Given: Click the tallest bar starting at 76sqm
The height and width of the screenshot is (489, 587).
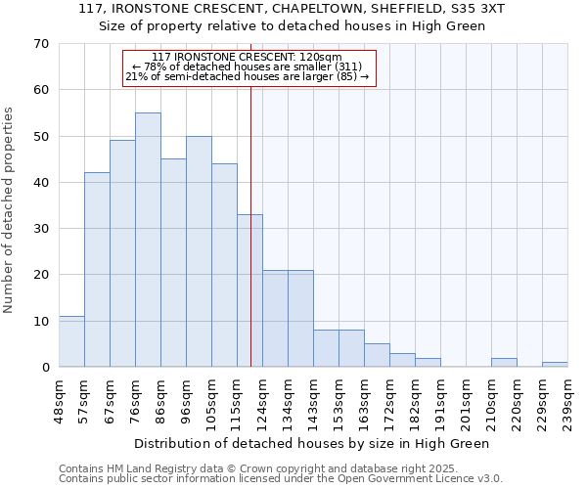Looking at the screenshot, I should pyautogui.click(x=148, y=240).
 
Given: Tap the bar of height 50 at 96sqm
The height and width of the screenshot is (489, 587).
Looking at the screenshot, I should pyautogui.click(x=199, y=251).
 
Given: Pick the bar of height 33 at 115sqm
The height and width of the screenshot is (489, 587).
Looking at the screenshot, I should pyautogui.click(x=249, y=290).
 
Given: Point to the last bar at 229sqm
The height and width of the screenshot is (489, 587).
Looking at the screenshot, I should pyautogui.click(x=555, y=365).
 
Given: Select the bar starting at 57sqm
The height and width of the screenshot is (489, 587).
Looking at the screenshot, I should pyautogui.click(x=97, y=270).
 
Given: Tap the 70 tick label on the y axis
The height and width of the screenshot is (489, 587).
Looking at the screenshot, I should pyautogui.click(x=40, y=44).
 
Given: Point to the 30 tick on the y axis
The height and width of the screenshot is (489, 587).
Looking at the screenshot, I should pyautogui.click(x=40, y=229).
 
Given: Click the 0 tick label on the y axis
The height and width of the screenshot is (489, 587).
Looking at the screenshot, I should pyautogui.click(x=44, y=368).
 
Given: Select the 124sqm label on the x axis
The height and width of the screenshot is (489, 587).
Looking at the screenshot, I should pyautogui.click(x=262, y=399).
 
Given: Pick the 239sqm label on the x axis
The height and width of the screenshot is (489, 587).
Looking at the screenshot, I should pyautogui.click(x=567, y=399).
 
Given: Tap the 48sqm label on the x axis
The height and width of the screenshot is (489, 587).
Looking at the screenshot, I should pyautogui.click(x=59, y=399).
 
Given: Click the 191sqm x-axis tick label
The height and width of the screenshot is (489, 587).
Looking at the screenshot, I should pyautogui.click(x=440, y=399).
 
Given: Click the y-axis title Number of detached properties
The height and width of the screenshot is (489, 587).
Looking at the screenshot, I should pyautogui.click(x=9, y=210).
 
